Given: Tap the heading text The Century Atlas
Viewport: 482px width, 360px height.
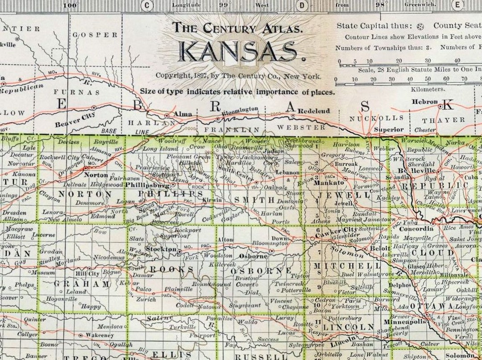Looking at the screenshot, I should tap(238, 28).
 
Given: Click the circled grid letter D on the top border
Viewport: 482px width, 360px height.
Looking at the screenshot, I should tap(302, 5).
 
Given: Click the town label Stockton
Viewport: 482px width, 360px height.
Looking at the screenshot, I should tap(162, 249).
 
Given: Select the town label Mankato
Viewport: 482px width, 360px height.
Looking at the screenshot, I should tap(329, 182).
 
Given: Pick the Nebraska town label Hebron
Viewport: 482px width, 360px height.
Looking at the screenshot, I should tap(424, 102).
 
